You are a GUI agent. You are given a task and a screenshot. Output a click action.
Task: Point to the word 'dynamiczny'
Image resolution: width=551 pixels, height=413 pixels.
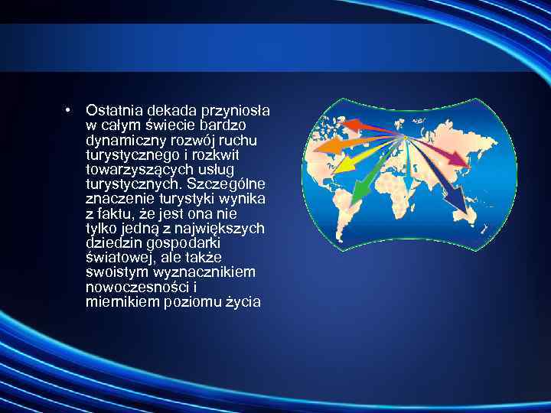click(x=121, y=141)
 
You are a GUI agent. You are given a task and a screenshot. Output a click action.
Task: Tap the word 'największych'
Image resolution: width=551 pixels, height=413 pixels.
click(x=227, y=229)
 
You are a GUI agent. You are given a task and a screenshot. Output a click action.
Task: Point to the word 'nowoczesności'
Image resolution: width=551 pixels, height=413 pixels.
click(x=129, y=288)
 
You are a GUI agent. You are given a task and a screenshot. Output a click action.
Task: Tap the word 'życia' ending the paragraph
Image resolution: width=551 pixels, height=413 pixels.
click(x=243, y=302)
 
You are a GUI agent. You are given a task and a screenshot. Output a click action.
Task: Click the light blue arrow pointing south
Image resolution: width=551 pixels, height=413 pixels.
click(x=411, y=172)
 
